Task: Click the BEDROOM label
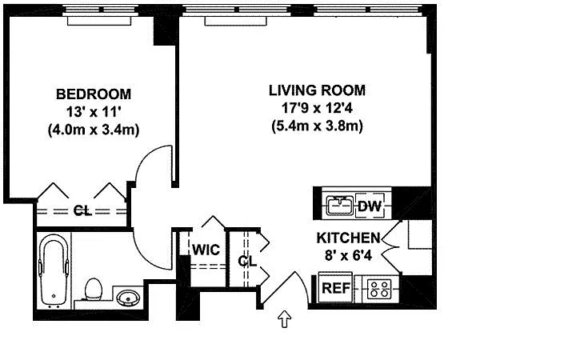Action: (94, 94)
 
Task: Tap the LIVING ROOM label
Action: (318, 90)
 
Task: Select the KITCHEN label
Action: (348, 238)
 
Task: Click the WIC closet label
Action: (206, 250)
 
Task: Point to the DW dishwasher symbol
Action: (370, 206)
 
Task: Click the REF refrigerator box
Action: (335, 288)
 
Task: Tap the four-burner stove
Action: (380, 289)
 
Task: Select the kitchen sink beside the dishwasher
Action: (340, 206)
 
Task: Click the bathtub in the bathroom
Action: (54, 270)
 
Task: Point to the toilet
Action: (93, 289)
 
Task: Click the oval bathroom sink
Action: (128, 297)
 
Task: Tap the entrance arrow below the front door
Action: (285, 319)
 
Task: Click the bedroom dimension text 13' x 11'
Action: (94, 112)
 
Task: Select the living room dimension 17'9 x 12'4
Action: (318, 108)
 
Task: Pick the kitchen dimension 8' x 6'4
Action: (348, 255)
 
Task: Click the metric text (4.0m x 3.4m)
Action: (94, 130)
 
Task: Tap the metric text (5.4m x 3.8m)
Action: (318, 126)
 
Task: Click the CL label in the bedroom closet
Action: (82, 211)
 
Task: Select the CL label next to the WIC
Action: (247, 261)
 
